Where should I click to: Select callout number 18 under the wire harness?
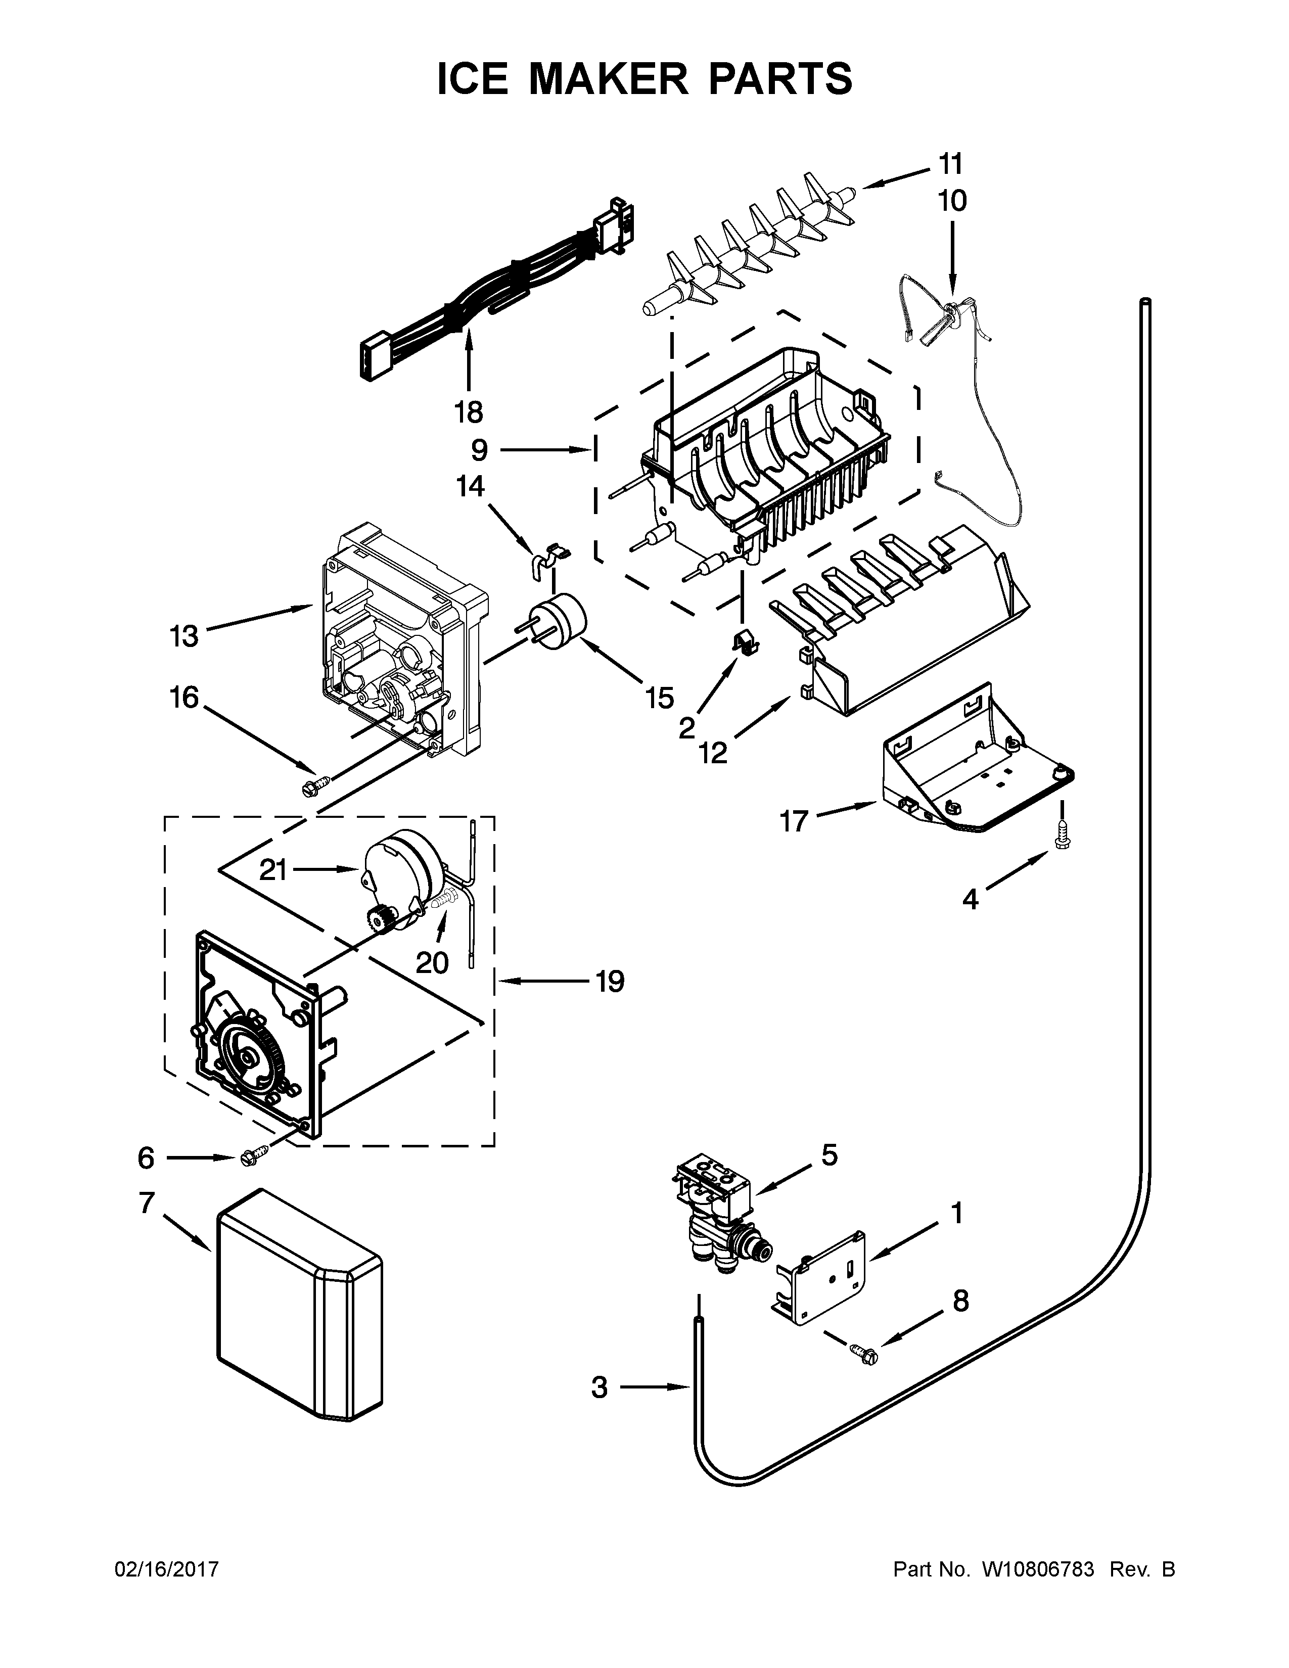[x=469, y=412]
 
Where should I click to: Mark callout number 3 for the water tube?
[x=600, y=1386]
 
